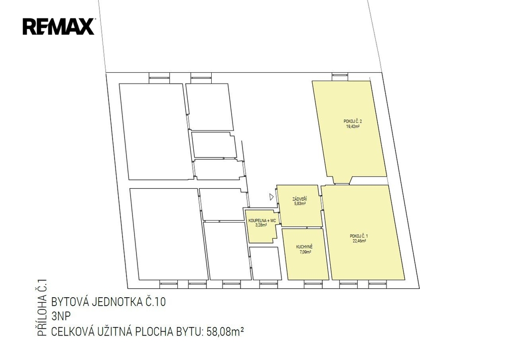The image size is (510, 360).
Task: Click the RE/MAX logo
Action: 59,26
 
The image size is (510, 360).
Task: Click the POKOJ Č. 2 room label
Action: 353,121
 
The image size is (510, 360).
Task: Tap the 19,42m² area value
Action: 353,126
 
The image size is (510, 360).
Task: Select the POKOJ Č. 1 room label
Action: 359,236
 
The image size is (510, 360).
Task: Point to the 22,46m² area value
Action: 360,241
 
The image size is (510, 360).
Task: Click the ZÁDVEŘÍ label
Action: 300,199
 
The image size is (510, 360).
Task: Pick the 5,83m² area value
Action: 300,204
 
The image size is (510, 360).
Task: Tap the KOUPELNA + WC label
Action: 262,221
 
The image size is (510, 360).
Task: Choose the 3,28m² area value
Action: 261,225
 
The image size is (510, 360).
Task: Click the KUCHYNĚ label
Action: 304,247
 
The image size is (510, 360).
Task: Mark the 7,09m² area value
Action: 305,252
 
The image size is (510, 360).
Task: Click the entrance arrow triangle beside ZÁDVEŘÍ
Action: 271,196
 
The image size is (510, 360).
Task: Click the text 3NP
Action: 61,316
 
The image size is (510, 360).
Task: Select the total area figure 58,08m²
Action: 225,332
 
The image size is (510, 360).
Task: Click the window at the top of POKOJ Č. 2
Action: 340,76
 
